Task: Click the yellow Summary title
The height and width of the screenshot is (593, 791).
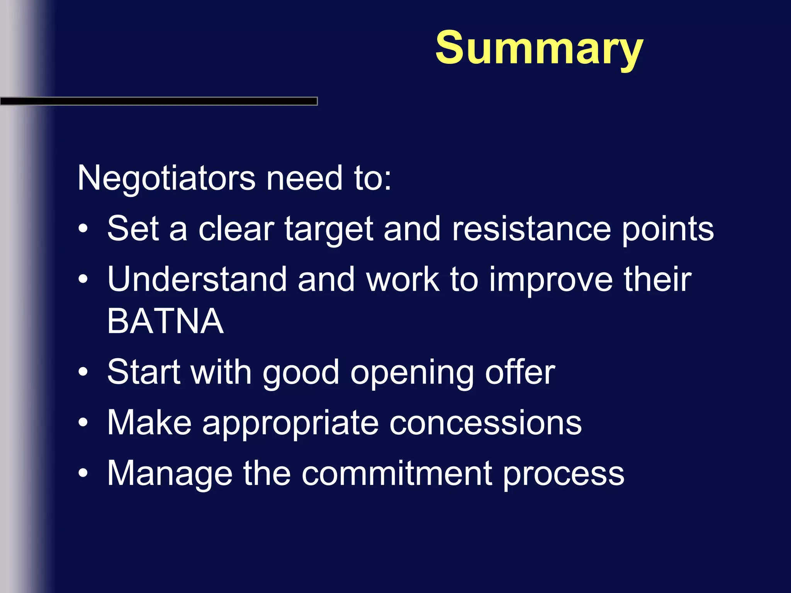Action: (x=539, y=48)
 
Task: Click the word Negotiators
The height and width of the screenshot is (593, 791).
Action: (x=166, y=178)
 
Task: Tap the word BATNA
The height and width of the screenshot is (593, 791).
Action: (x=165, y=321)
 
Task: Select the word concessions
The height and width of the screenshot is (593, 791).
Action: (x=485, y=423)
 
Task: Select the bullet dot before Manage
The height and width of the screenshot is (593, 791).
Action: (x=83, y=473)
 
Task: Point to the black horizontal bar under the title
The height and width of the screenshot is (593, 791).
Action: (x=158, y=101)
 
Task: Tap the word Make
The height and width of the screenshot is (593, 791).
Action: (x=149, y=423)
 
